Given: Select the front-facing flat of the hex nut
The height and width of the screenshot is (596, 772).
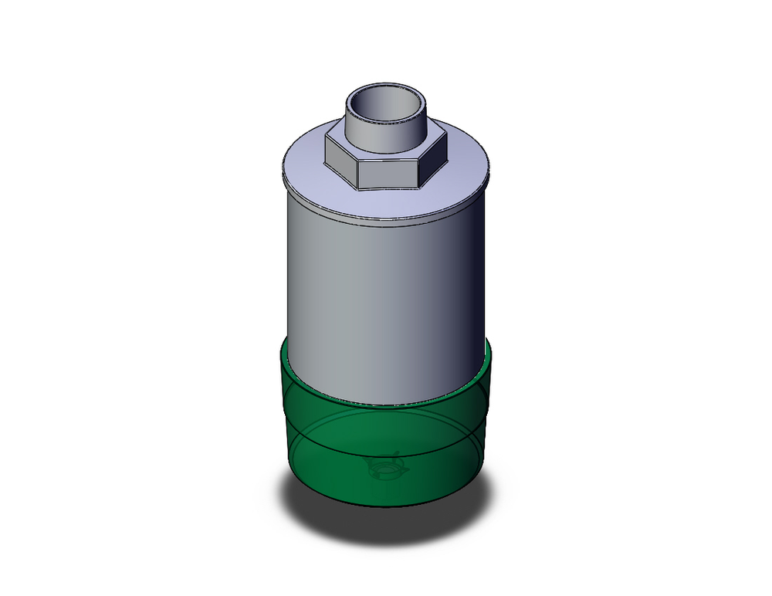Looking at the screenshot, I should point(389,173).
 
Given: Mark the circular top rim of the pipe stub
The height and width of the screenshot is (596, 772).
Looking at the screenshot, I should point(386,86).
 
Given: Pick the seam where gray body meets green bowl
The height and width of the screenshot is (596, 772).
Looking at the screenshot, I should point(386,405).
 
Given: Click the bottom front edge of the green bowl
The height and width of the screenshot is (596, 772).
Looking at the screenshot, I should point(386,506).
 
